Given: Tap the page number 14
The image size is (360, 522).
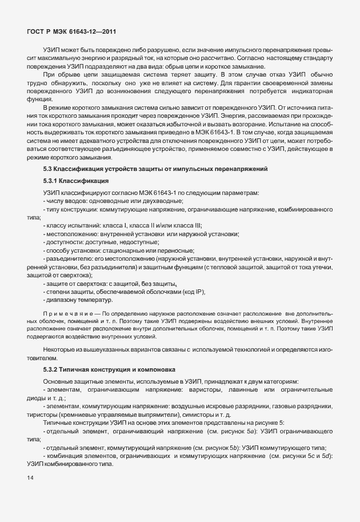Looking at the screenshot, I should [30, 476].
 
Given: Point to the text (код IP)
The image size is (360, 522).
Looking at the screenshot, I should [193, 292].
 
